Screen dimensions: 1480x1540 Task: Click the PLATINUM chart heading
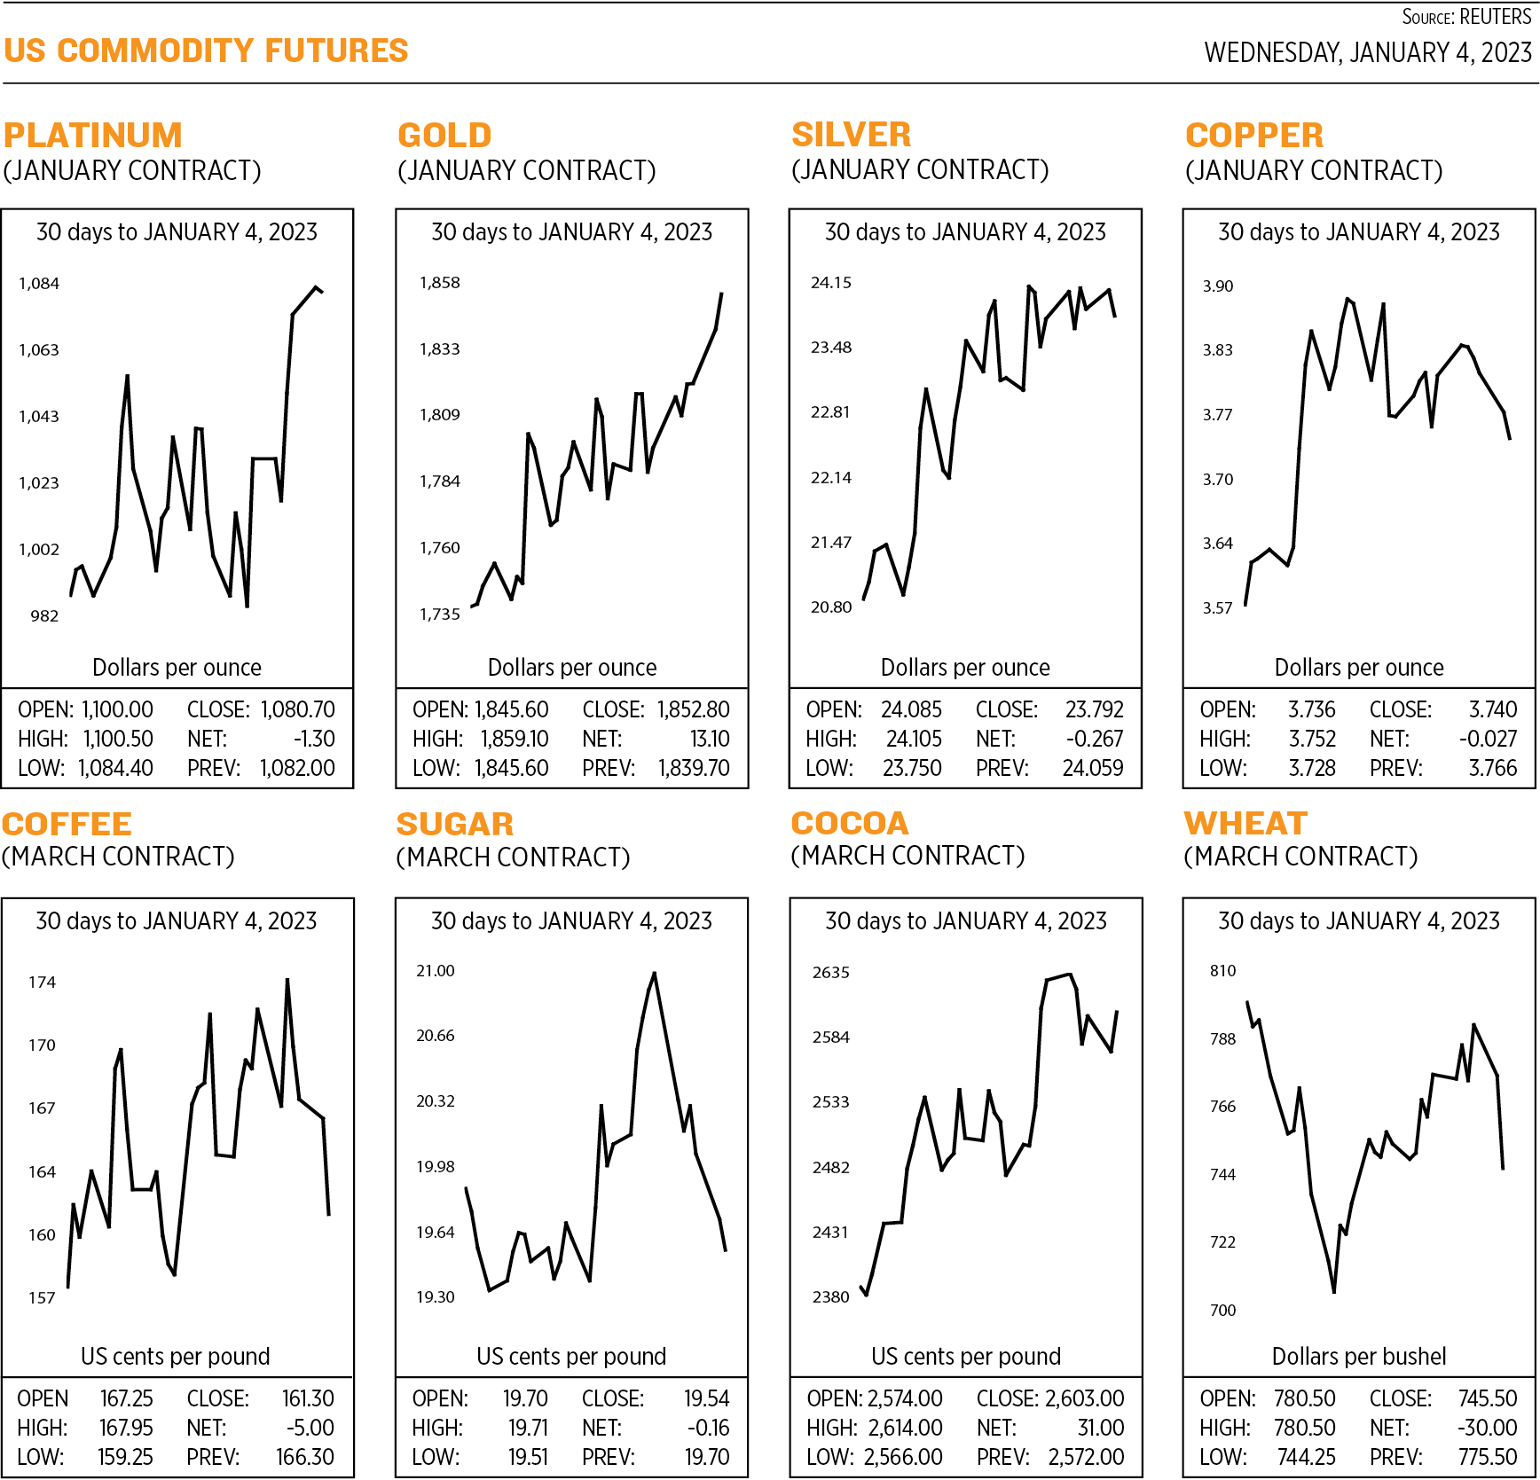(92, 136)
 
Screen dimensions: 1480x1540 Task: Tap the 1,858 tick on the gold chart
(439, 283)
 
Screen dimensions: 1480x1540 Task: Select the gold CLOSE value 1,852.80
(693, 710)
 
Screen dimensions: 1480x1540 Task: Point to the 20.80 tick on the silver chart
(830, 607)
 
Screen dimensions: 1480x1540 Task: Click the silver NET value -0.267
(1094, 740)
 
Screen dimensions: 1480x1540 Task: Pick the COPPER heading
(1253, 136)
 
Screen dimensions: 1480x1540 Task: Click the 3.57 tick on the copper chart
(1217, 608)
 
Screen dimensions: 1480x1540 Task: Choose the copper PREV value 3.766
(1493, 769)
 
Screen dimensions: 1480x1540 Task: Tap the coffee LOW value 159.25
(125, 1457)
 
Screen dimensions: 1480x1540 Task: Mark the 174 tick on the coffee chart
(42, 983)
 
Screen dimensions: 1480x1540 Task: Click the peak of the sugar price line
(655, 974)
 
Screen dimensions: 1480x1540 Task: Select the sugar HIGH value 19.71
(528, 1428)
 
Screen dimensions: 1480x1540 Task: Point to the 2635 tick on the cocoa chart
(830, 973)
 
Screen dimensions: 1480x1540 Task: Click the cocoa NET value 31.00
(1100, 1428)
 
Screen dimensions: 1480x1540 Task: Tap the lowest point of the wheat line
(1334, 1292)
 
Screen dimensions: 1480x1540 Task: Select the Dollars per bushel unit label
(1358, 1357)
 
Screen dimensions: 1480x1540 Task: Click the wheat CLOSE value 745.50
(1488, 1398)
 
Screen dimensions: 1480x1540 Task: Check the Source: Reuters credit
(1465, 17)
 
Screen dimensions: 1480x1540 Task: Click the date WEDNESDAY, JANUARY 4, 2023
(1367, 53)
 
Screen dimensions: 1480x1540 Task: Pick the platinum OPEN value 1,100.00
(117, 710)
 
